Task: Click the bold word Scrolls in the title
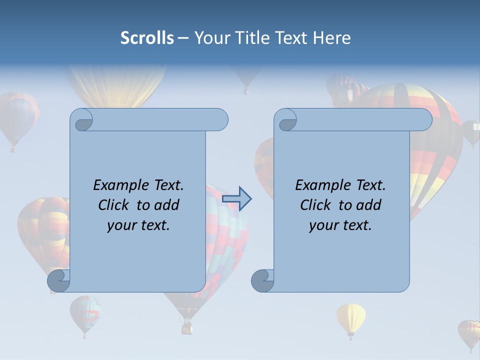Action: [x=147, y=38]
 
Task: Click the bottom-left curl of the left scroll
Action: [x=59, y=280]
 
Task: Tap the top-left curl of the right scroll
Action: [x=286, y=120]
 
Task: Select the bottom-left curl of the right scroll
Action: [x=263, y=280]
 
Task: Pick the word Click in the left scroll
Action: [x=115, y=205]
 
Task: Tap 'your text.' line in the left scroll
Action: [x=138, y=225]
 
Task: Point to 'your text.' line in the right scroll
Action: [x=340, y=225]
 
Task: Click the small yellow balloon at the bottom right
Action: [x=351, y=317]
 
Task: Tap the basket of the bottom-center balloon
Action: [x=187, y=328]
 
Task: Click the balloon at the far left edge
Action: [x=18, y=117]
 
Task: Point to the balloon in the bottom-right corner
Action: [x=469, y=332]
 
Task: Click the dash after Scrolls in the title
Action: [x=183, y=38]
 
